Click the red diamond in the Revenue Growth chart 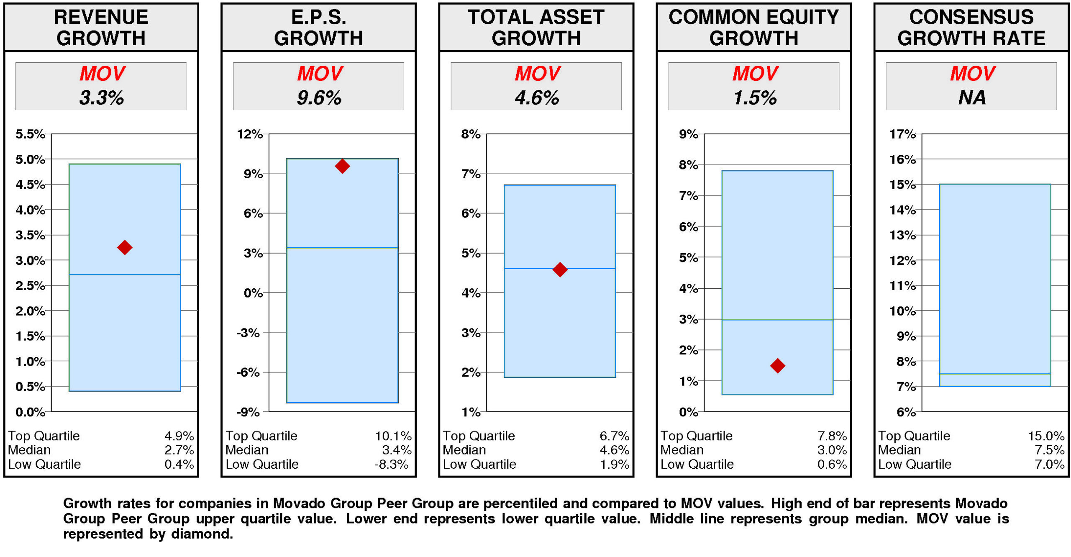coord(124,247)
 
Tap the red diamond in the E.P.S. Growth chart coord(342,166)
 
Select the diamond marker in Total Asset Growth coord(559,269)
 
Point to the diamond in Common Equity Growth coord(777,365)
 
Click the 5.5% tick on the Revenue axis coord(30,134)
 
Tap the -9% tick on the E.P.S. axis coord(248,412)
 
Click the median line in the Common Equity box coord(777,320)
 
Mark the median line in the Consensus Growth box coord(994,374)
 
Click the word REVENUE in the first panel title coord(101,17)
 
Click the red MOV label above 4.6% coord(537,74)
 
